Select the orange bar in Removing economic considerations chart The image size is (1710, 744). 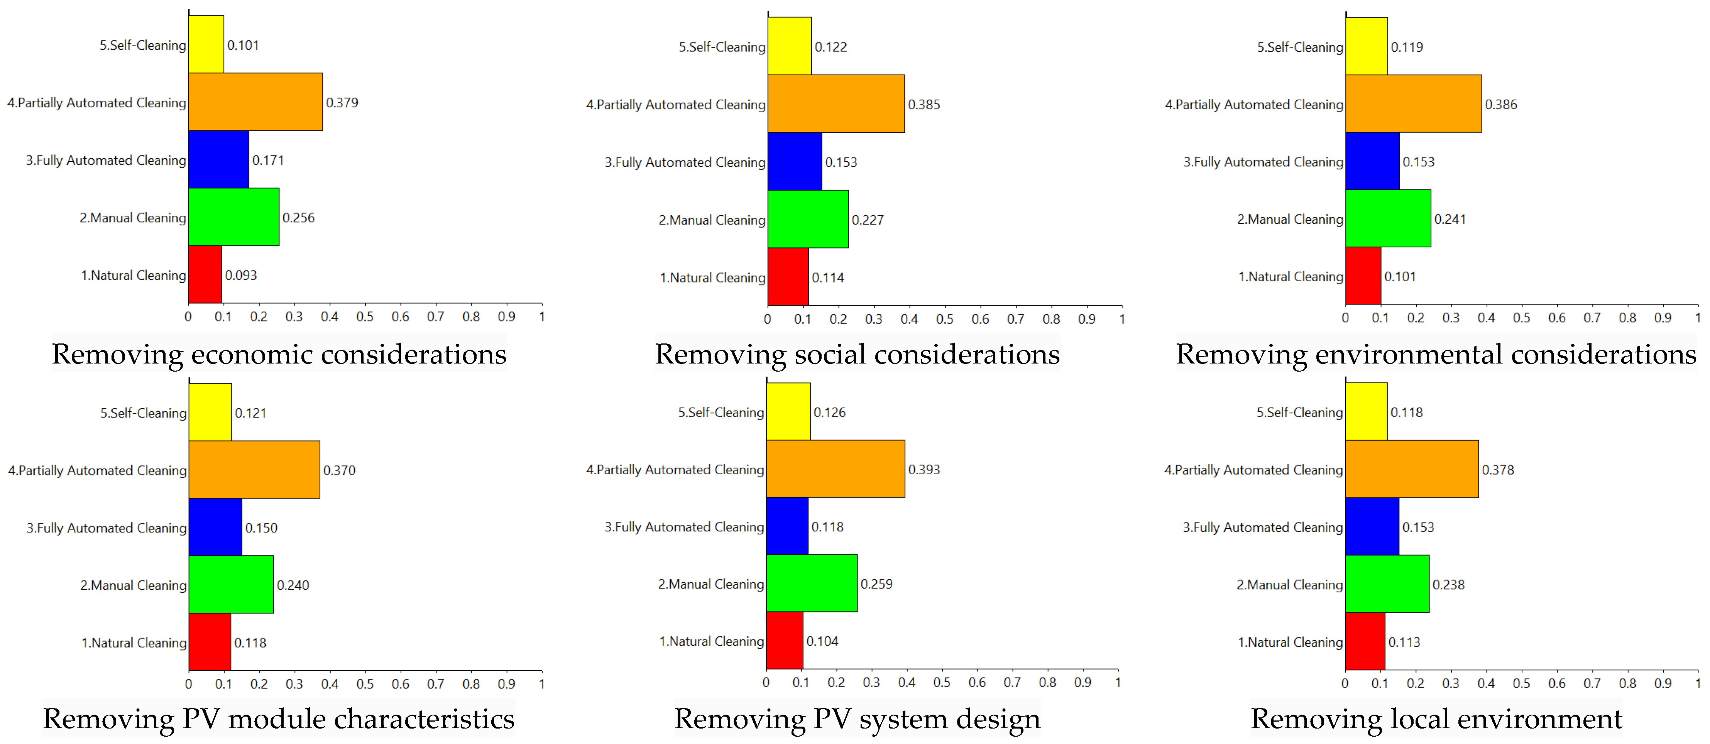pyautogui.click(x=255, y=102)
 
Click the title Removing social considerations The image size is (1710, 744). pyautogui.click(x=857, y=354)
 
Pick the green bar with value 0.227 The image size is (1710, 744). pyautogui.click(x=808, y=220)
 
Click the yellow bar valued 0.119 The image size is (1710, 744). pyautogui.click(x=1366, y=46)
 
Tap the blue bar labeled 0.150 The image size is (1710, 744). pyautogui.click(x=215, y=528)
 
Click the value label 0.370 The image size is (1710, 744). pyautogui.click(x=339, y=470)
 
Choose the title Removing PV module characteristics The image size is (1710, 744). pyautogui.click(x=279, y=719)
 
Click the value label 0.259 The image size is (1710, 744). pyautogui.click(x=876, y=584)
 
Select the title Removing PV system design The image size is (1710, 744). pyautogui.click(x=857, y=719)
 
